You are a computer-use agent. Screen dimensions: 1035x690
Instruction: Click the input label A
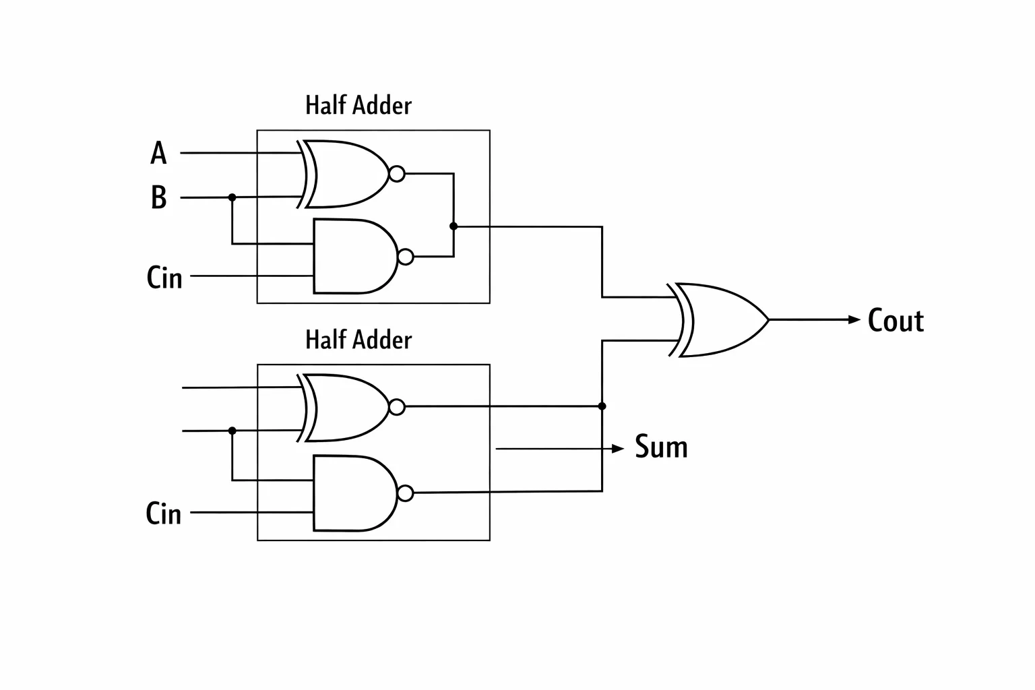pyautogui.click(x=158, y=153)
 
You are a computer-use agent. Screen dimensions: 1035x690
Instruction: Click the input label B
pyautogui.click(x=158, y=197)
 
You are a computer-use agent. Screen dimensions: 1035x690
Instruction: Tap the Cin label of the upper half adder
pyautogui.click(x=164, y=278)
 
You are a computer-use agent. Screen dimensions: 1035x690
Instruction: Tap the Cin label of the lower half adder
pyautogui.click(x=164, y=513)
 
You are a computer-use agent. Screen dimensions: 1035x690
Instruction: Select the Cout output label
pyautogui.click(x=896, y=320)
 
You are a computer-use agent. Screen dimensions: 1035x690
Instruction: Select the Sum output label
pyautogui.click(x=661, y=447)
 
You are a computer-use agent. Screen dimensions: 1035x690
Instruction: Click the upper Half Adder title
pyautogui.click(x=358, y=105)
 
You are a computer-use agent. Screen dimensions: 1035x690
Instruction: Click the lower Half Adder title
pyautogui.click(x=358, y=340)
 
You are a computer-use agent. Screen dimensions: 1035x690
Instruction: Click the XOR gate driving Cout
pyautogui.click(x=718, y=320)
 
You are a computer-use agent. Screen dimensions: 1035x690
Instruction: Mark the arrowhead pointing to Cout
pyautogui.click(x=854, y=319)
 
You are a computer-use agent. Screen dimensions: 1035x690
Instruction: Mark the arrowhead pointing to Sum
pyautogui.click(x=618, y=448)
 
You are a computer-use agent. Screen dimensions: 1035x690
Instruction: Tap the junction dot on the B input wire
pyautogui.click(x=232, y=197)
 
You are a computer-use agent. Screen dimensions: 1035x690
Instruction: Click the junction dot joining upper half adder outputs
pyautogui.click(x=453, y=226)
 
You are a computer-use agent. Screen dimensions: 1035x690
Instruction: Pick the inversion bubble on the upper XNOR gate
pyautogui.click(x=397, y=174)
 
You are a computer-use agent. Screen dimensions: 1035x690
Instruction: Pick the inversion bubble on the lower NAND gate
pyautogui.click(x=406, y=494)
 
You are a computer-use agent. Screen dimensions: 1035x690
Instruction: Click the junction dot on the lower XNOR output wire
pyautogui.click(x=602, y=406)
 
